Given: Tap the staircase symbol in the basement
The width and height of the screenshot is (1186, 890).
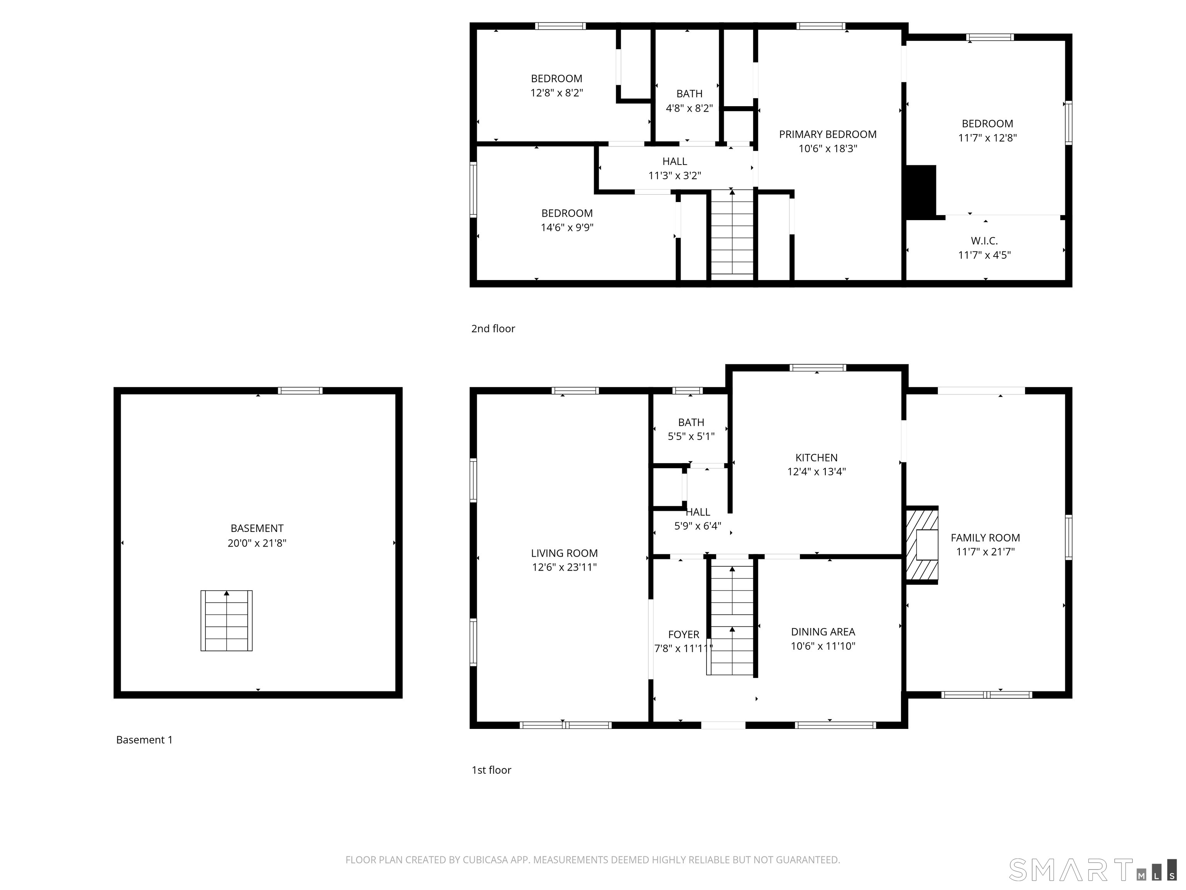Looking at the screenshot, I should (226, 621).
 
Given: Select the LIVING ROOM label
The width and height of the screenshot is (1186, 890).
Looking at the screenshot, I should (564, 553).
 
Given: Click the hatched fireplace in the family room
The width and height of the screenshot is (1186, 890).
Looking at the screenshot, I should (922, 545).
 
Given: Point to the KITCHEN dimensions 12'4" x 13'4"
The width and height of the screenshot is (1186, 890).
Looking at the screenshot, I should (816, 472).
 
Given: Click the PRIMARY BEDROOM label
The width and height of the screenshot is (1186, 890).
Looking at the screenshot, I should (827, 134).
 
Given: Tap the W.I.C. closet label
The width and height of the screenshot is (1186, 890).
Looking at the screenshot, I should (984, 241).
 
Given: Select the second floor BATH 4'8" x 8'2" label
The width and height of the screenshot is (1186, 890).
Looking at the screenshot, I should (689, 101).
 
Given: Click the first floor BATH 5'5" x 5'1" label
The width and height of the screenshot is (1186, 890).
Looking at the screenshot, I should (691, 429).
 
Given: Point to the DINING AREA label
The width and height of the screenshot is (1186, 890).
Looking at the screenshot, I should (822, 632).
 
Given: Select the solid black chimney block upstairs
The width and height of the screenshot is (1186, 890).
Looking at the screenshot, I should (921, 191).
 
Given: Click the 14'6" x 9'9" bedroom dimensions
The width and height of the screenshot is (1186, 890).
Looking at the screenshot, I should (567, 228).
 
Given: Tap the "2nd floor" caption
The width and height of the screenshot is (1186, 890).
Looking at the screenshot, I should (493, 329).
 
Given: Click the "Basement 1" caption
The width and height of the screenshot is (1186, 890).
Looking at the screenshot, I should (144, 740).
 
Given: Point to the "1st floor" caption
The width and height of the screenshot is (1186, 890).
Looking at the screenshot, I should (491, 770).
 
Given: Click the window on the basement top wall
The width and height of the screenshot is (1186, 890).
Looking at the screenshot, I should (300, 391).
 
